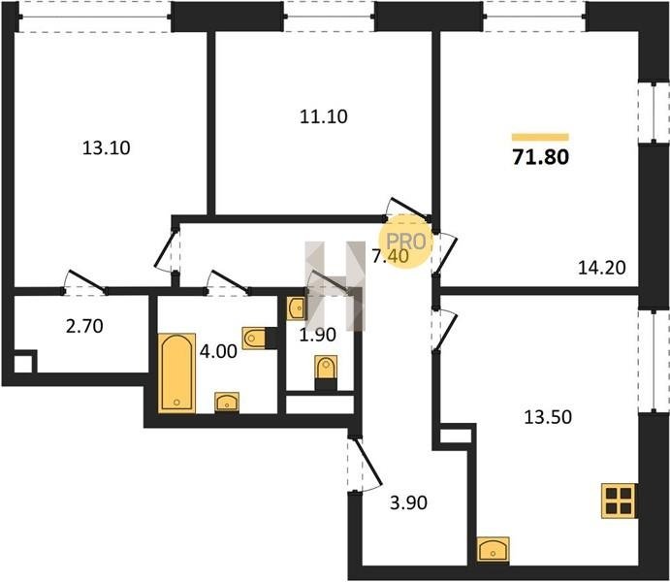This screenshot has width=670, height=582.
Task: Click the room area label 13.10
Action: (106, 148)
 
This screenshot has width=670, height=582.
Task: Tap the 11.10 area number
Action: (324, 116)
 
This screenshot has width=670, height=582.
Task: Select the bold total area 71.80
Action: (540, 157)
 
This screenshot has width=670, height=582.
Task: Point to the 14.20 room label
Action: (601, 268)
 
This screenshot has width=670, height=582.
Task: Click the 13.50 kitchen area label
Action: (548, 417)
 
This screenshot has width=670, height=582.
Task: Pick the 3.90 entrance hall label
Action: (408, 503)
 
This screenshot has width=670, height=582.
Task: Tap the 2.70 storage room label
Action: (84, 327)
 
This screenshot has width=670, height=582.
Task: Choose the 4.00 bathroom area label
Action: (218, 352)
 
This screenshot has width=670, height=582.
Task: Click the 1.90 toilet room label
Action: (317, 335)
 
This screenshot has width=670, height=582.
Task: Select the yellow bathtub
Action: (176, 373)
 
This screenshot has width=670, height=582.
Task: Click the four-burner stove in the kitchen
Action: (618, 501)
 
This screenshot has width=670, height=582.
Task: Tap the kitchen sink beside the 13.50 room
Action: (494, 549)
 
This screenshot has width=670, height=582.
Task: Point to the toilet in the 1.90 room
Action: (326, 367)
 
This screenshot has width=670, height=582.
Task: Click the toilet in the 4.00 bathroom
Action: (254, 339)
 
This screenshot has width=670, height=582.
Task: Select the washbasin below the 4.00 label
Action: (227, 403)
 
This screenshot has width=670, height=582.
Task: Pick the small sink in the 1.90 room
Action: (296, 307)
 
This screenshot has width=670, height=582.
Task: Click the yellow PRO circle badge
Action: (406, 242)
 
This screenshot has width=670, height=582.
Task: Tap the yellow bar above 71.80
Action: (540, 137)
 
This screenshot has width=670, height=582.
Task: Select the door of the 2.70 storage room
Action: (84, 282)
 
